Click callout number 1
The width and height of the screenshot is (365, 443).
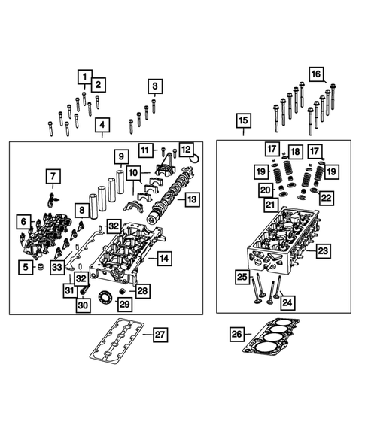[84, 77]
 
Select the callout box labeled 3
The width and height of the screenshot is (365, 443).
[154, 86]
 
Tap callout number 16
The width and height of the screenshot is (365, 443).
[315, 74]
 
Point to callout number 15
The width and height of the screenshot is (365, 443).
[242, 120]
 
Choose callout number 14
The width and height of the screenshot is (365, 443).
[162, 258]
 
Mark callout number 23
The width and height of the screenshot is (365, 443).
[323, 250]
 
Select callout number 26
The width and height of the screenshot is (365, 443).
[237, 333]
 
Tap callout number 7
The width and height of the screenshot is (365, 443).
[53, 178]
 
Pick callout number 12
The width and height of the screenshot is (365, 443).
[186, 150]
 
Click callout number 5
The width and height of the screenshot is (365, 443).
[25, 267]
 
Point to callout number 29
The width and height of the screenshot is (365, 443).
[124, 304]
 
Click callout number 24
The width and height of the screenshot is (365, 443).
[287, 302]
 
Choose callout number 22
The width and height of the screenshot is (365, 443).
[325, 198]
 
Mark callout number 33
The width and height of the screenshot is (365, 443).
[56, 267]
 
